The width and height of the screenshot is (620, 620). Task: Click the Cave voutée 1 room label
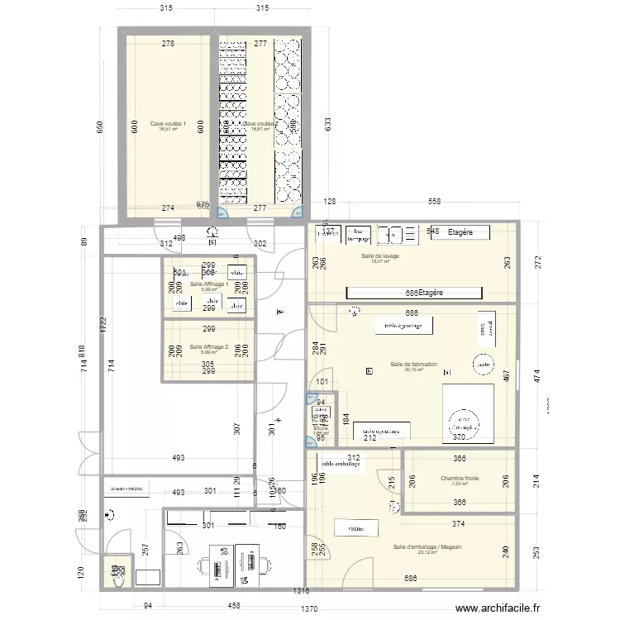tap(168, 124)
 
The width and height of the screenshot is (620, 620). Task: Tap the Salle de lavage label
tap(380, 256)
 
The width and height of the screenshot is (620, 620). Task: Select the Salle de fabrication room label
tap(413, 365)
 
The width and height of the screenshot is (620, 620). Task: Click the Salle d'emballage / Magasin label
tap(427, 547)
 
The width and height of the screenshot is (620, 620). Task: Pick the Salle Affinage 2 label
tap(208, 347)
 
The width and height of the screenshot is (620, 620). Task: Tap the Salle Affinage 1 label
tap(208, 285)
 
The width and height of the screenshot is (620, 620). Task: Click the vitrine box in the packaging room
tap(356, 527)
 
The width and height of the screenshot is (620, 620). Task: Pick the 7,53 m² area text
tap(460, 485)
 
